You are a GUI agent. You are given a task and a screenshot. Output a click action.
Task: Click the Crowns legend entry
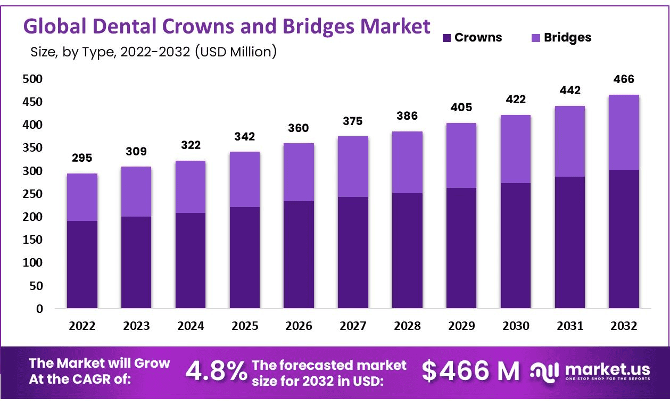click(472, 38)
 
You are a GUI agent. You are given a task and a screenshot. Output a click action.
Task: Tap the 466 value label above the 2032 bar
click(624, 79)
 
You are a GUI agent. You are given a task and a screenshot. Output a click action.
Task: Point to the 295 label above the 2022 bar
click(82, 158)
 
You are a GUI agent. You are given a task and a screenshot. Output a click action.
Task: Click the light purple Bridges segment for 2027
click(352, 167)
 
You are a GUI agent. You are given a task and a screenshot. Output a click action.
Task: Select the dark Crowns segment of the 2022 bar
click(82, 265)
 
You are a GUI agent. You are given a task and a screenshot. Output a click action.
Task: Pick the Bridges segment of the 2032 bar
click(624, 132)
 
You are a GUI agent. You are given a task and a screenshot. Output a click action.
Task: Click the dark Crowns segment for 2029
click(461, 248)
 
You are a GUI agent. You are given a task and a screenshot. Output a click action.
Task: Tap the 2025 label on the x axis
click(244, 326)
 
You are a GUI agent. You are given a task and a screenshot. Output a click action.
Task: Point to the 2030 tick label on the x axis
click(515, 326)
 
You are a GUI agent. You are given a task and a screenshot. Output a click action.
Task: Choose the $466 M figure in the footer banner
click(471, 371)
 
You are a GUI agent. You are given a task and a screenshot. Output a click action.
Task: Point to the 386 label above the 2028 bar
click(407, 116)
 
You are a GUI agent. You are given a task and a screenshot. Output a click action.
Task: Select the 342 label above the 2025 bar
click(244, 136)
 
